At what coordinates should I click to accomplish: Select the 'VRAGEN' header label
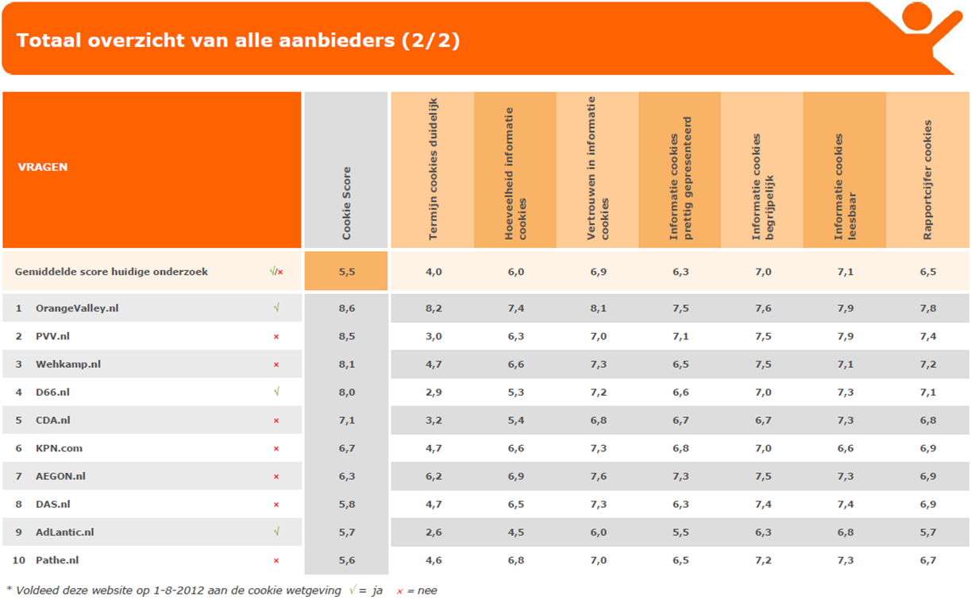click(43, 168)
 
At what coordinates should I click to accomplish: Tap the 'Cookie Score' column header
click(346, 203)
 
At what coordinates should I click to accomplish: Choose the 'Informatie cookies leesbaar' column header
click(845, 187)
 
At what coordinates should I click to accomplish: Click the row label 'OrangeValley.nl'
click(77, 308)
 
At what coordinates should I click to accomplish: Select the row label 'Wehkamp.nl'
click(68, 364)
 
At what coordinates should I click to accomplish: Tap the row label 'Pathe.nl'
click(57, 560)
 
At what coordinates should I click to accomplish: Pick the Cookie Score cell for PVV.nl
click(346, 336)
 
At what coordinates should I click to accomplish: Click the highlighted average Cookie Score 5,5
click(346, 272)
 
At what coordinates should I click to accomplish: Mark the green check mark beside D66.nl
click(276, 392)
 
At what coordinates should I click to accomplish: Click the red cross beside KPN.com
click(276, 449)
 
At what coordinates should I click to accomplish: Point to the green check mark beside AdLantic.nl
click(276, 532)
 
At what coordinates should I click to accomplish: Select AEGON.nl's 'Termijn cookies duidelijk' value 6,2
click(433, 476)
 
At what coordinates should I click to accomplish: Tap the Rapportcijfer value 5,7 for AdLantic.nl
click(927, 532)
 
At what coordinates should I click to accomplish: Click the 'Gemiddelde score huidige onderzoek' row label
click(111, 272)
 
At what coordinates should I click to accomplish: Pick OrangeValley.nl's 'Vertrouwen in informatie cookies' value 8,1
click(598, 308)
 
